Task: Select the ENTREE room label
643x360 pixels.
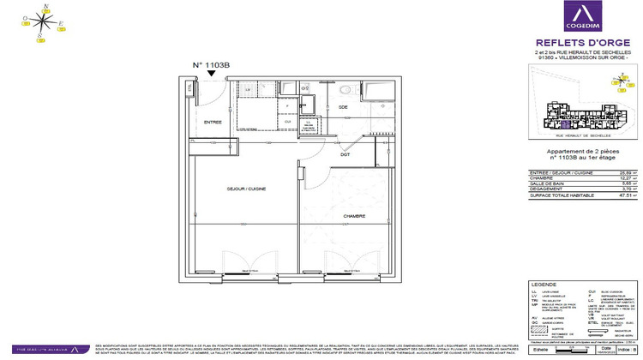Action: (x=212, y=122)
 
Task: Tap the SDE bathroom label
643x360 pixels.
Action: (x=343, y=106)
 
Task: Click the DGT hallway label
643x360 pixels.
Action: (x=344, y=154)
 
